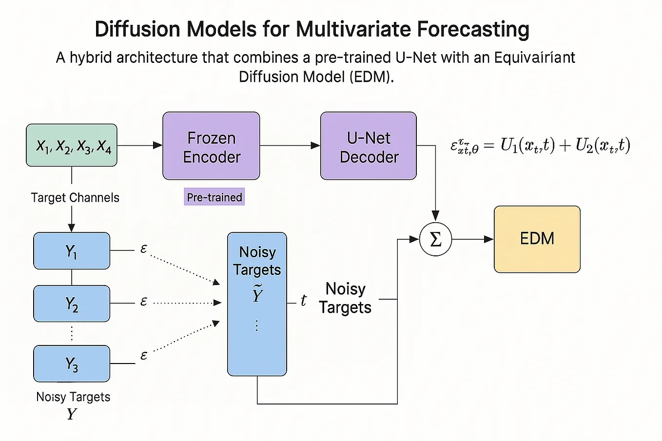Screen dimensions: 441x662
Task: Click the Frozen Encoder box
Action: pyautogui.click(x=211, y=146)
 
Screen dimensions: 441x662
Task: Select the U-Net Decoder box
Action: pyautogui.click(x=369, y=146)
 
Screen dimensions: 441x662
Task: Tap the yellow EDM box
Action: pyautogui.click(x=537, y=239)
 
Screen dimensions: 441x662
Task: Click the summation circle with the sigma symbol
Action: pyautogui.click(x=435, y=239)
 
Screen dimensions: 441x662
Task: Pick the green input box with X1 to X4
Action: pyautogui.click(x=72, y=145)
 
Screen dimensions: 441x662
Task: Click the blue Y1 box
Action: pyautogui.click(x=72, y=251)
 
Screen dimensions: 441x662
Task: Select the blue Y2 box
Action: pyautogui.click(x=72, y=304)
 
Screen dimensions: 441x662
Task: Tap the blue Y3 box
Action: pyautogui.click(x=72, y=364)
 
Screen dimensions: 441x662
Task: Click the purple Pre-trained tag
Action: pyautogui.click(x=214, y=197)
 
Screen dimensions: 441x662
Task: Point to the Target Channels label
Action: pyautogui.click(x=75, y=197)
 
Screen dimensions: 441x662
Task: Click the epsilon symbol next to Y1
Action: pyautogui.click(x=143, y=249)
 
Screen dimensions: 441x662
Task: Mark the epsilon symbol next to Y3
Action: pyautogui.click(x=143, y=356)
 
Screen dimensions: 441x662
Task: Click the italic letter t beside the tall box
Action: pyautogui.click(x=303, y=301)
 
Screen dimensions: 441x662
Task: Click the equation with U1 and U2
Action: pyautogui.click(x=540, y=146)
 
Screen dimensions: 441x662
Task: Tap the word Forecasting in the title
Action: pyautogui.click(x=473, y=29)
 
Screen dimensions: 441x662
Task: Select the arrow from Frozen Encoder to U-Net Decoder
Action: pyautogui.click(x=290, y=145)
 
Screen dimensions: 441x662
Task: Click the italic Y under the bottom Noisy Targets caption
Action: pyautogui.click(x=72, y=414)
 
